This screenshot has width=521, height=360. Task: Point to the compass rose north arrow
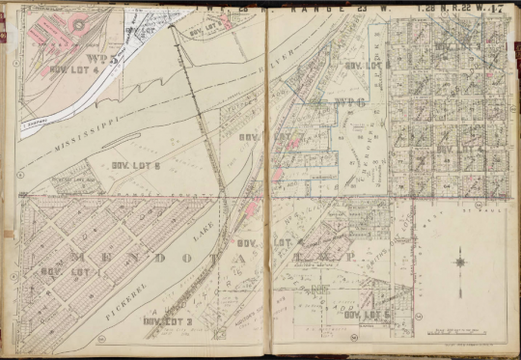pos(461,259)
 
